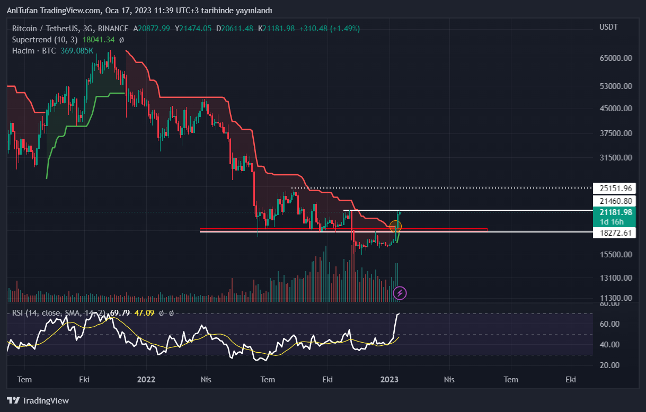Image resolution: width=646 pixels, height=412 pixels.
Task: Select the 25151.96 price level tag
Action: [615, 188]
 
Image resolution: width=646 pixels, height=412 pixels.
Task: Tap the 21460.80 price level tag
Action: [615, 201]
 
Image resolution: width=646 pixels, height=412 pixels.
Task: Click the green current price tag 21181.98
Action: [615, 212]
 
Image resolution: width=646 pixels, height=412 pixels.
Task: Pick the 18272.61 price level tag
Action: [615, 233]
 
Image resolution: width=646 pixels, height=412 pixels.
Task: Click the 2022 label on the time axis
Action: [146, 379]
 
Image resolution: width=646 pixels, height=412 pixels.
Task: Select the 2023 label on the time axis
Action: [390, 379]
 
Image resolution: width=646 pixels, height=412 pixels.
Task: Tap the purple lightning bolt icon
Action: [400, 292]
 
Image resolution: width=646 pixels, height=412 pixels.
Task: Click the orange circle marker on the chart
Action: [395, 226]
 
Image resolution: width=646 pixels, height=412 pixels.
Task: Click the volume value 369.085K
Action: [76, 51]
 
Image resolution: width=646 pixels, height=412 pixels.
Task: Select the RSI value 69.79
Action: [121, 313]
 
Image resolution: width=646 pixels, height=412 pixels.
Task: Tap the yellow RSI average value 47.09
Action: [144, 313]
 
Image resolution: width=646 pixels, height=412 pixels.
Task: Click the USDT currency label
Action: [608, 27]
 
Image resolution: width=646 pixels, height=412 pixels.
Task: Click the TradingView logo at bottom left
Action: [38, 400]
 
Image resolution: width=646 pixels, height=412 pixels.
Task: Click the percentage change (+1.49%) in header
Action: [345, 29]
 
